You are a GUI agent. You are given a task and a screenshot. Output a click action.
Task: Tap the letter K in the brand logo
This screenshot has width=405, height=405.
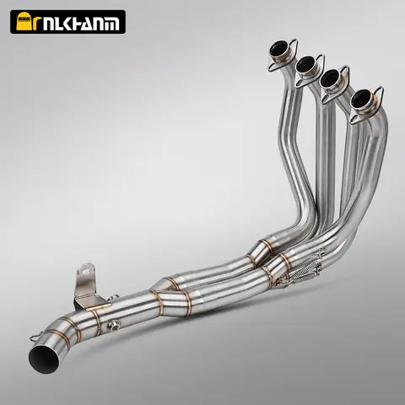click(69, 22)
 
